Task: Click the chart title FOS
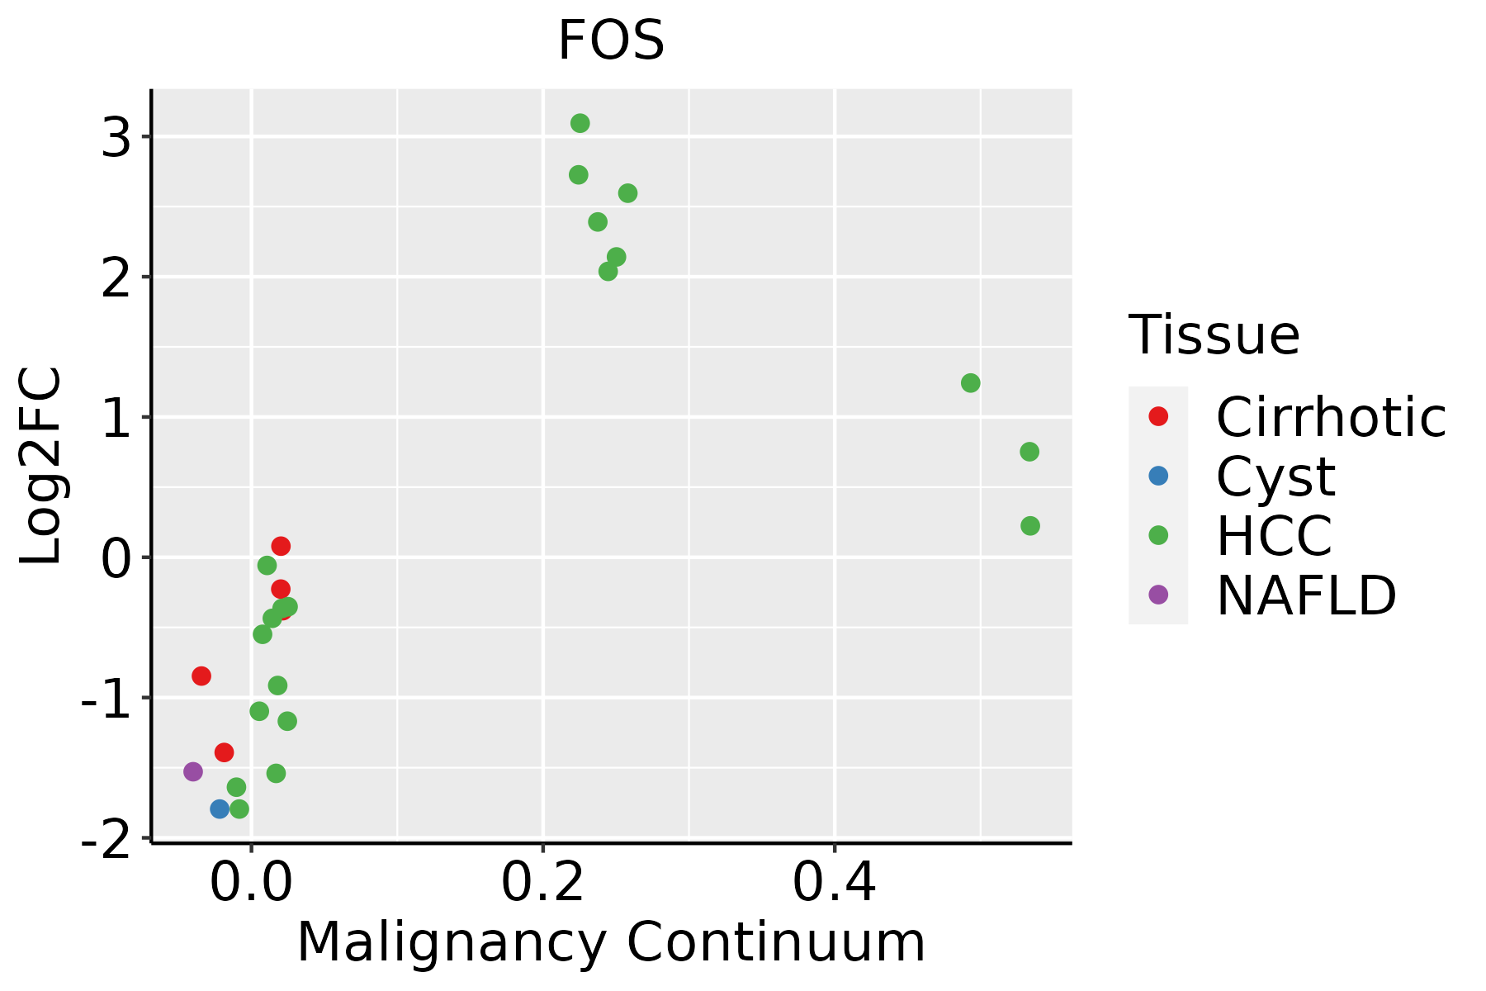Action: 611,41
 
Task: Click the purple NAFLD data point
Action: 193,771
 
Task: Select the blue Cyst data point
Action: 220,808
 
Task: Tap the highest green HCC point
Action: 580,123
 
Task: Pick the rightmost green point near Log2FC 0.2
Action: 1029,526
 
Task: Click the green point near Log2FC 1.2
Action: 970,383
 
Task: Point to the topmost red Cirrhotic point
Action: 281,546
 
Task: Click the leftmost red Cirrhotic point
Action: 201,676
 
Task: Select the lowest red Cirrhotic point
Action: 224,752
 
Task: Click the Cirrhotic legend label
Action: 1331,417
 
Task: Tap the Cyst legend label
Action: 1275,477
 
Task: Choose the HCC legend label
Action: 1274,535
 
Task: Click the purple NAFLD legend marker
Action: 1158,595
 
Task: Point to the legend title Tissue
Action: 1214,335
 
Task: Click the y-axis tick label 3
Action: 116,139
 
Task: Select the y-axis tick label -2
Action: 106,841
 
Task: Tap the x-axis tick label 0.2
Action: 542,884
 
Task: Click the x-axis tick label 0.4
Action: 834,884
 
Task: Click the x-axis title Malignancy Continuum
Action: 611,942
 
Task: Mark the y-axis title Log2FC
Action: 41,466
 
